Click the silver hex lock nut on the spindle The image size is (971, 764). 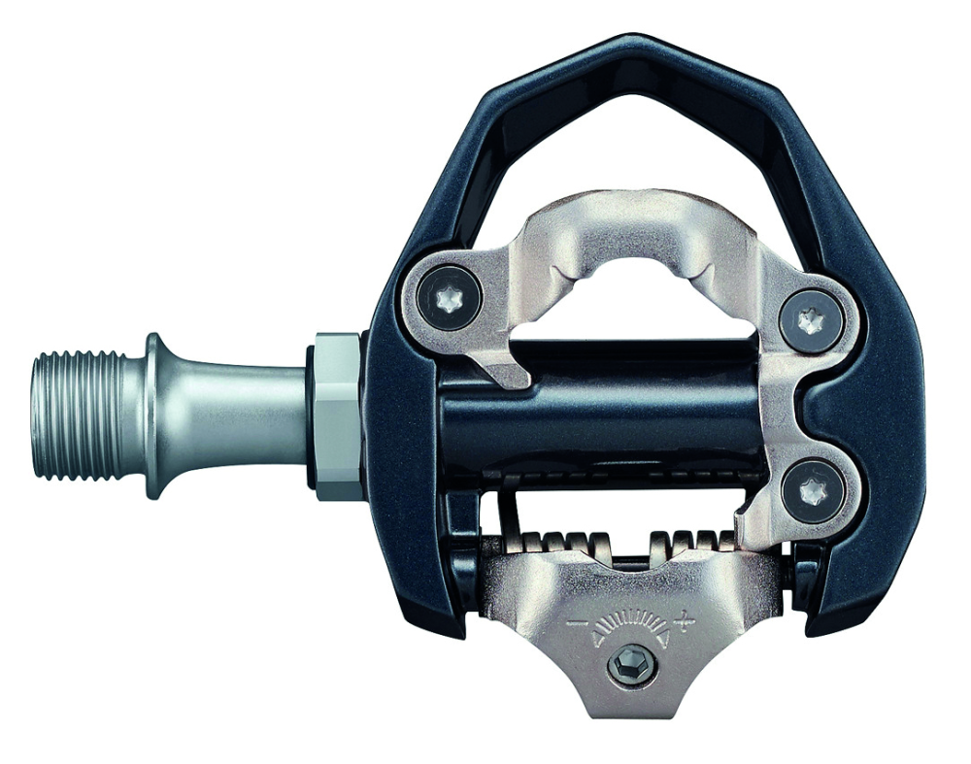pyautogui.click(x=335, y=415)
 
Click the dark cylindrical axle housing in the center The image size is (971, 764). pyautogui.click(x=602, y=408)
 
